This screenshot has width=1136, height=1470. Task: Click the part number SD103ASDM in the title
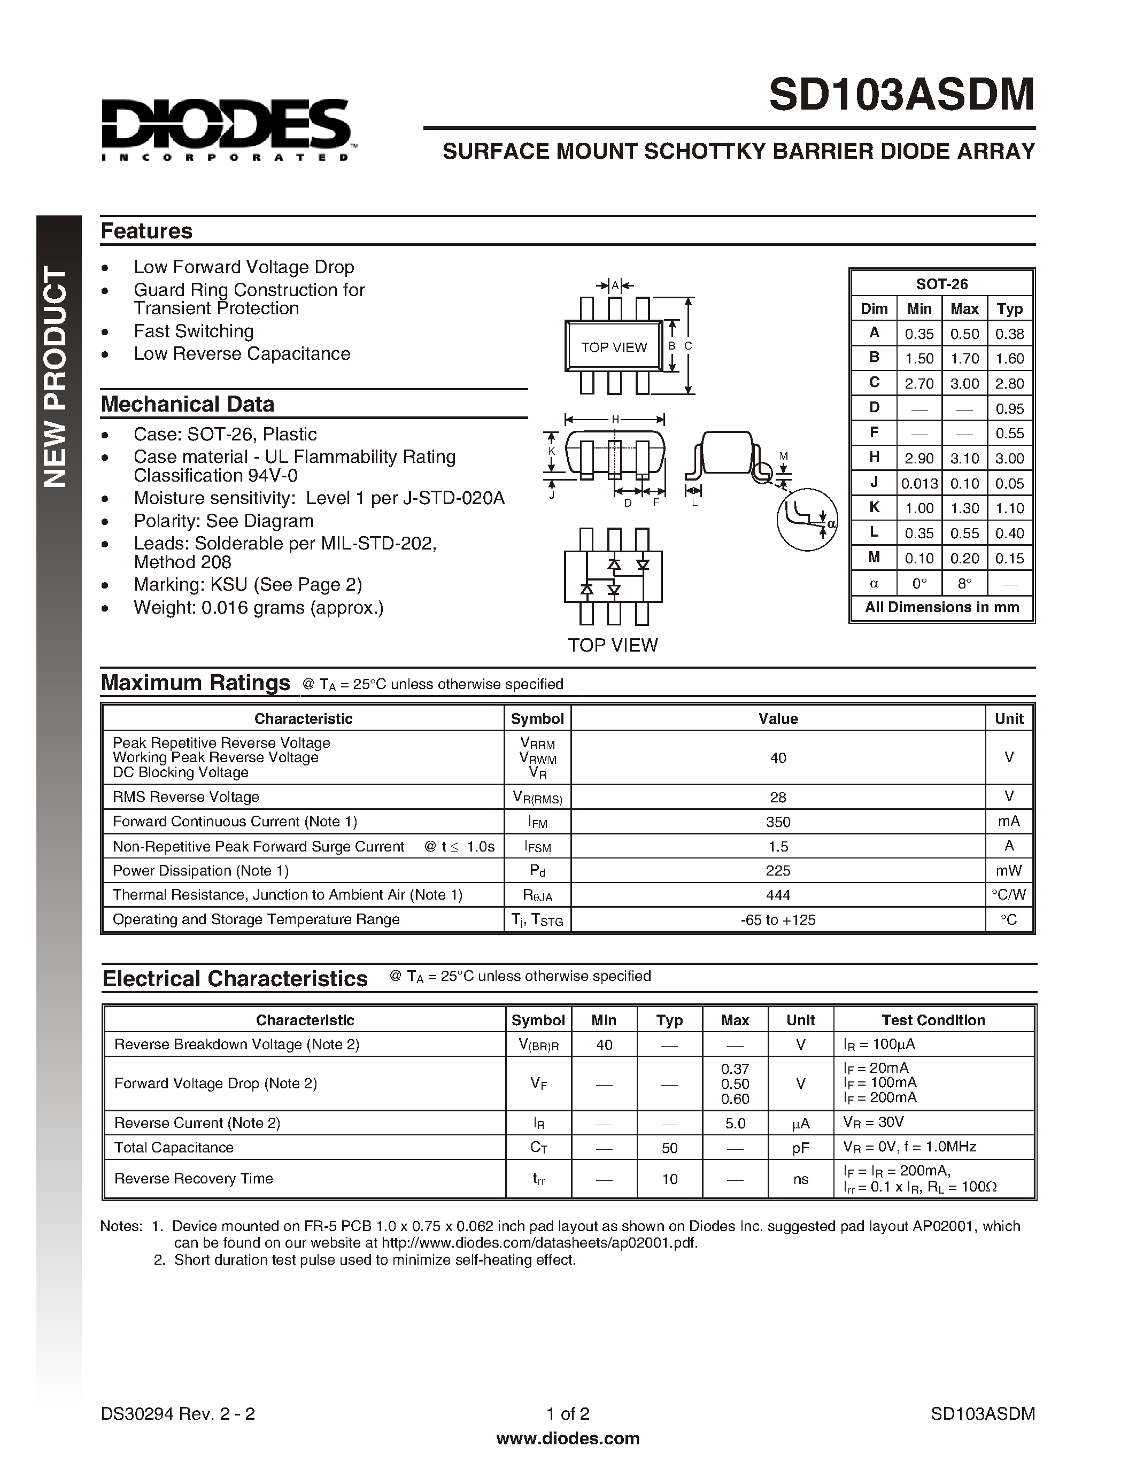901,95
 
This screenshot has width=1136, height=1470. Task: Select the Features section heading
146,231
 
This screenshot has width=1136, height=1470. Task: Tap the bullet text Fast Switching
193,331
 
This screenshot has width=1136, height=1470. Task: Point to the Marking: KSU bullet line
247,584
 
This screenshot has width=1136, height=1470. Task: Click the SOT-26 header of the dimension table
941,284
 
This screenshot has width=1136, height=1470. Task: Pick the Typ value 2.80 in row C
1009,384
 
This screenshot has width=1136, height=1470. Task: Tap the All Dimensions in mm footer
941,607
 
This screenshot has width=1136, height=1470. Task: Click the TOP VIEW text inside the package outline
614,347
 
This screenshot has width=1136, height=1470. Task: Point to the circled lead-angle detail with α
807,520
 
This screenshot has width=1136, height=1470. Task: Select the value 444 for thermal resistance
777,895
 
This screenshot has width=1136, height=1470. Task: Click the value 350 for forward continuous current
777,822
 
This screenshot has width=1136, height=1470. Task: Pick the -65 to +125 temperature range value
777,919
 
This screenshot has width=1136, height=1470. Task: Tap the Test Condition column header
933,1020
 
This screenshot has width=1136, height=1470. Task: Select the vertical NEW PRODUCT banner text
57,377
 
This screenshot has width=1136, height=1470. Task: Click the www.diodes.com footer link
567,1438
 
